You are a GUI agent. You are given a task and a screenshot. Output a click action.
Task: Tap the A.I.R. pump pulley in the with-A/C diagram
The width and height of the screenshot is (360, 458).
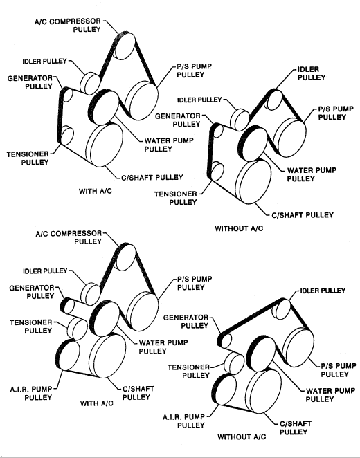68,356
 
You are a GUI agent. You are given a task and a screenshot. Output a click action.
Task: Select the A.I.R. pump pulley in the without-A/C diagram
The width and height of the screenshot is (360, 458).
224,389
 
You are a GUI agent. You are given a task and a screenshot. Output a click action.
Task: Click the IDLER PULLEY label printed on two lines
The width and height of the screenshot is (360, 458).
312,73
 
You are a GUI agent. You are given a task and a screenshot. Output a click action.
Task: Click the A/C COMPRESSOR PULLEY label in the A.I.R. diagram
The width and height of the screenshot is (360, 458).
69,237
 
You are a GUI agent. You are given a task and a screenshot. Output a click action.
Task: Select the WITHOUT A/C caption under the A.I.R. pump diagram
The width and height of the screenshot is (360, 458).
242,437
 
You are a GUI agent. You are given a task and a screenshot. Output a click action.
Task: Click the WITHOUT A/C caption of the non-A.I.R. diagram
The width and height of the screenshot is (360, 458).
239,229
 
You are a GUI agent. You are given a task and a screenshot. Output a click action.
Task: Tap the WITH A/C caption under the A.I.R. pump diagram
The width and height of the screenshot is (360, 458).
97,403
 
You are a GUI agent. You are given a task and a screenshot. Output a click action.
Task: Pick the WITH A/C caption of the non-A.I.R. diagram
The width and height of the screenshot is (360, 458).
96,192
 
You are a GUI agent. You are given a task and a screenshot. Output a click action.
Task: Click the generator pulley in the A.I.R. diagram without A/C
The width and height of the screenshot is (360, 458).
224,340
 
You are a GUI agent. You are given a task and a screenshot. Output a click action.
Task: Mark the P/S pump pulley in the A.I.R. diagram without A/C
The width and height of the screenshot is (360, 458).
298,347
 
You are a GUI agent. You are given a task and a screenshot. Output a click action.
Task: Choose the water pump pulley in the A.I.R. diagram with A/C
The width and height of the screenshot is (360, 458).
105,318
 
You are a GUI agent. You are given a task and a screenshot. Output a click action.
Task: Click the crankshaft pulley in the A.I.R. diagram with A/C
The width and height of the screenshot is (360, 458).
107,356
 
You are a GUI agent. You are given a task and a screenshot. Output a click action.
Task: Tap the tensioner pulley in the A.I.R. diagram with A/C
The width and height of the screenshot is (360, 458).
77,329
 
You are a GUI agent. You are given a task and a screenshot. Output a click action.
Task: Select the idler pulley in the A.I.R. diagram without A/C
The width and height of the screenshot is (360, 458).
281,309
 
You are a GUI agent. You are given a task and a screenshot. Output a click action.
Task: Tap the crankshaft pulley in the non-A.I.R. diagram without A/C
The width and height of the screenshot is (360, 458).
253,182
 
